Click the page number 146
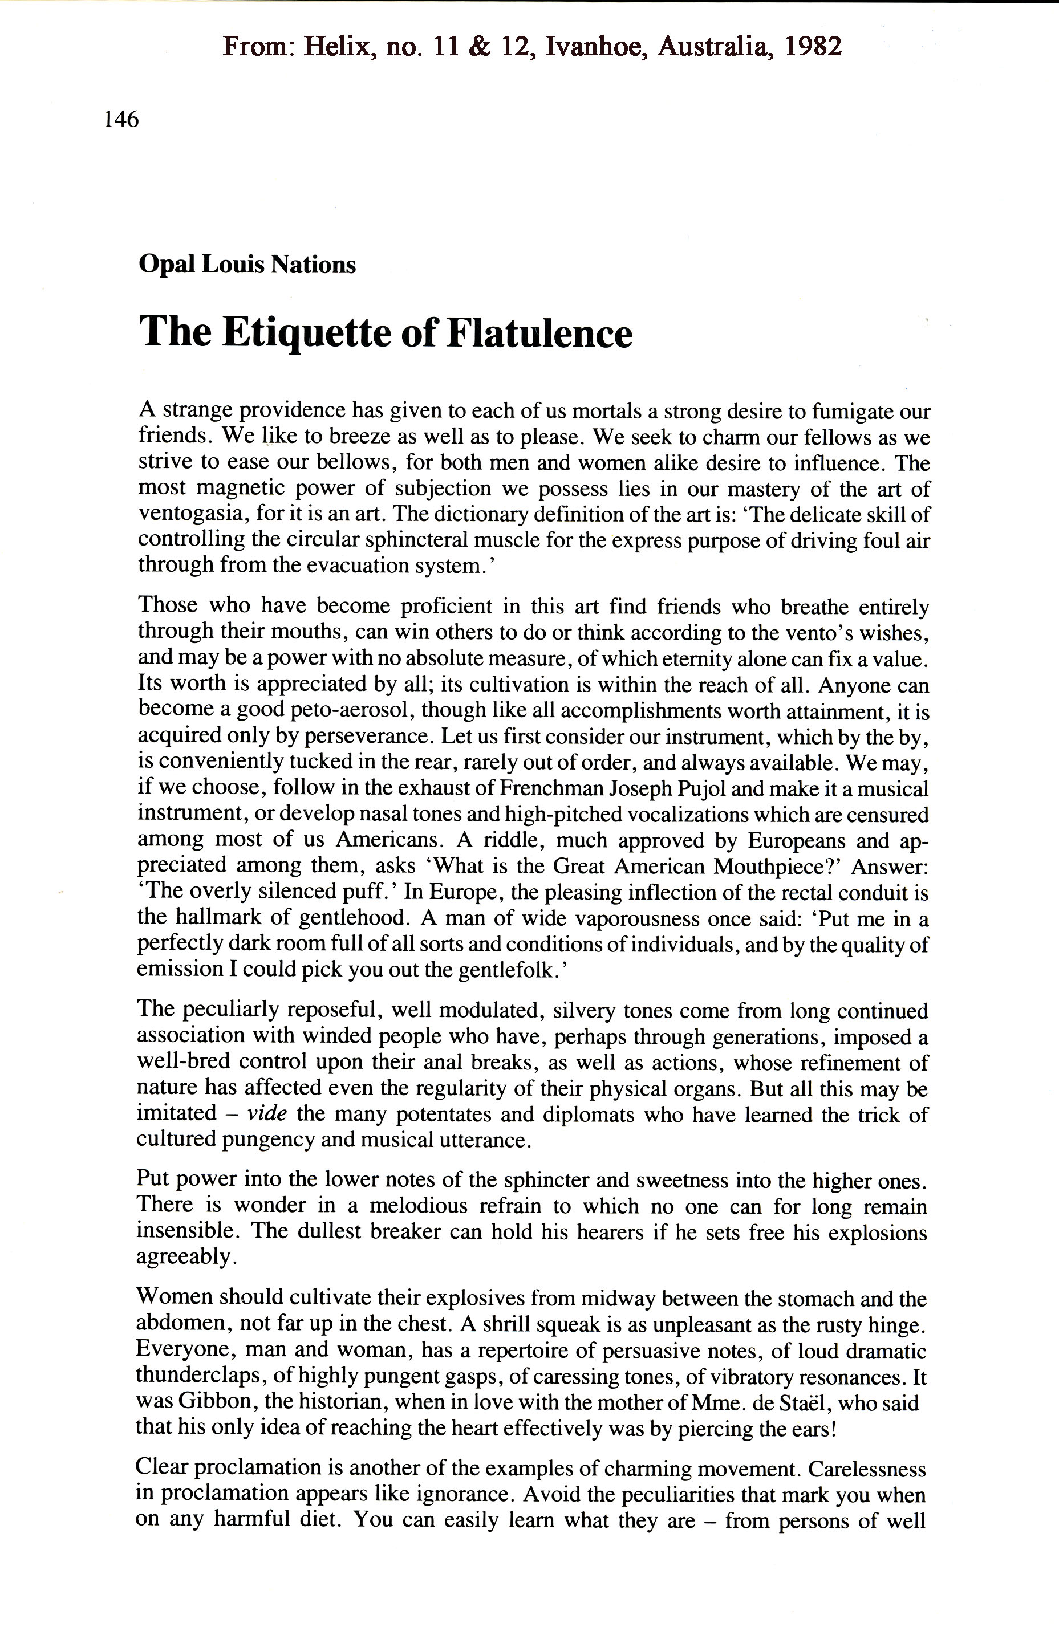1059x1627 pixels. point(121,120)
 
